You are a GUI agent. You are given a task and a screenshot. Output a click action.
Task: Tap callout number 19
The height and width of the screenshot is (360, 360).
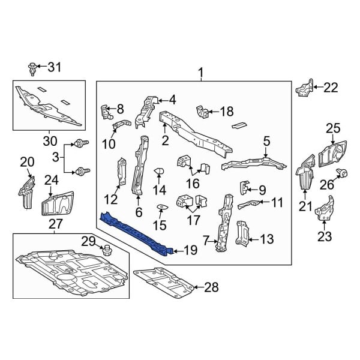190,251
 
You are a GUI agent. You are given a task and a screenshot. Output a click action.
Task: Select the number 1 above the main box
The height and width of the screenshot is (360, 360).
200,73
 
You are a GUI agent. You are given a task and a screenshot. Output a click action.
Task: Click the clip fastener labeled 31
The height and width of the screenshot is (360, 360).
32,68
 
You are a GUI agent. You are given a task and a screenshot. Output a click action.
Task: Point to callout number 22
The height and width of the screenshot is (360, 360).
331,88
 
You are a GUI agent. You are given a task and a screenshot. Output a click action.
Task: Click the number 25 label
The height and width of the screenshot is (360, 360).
333,127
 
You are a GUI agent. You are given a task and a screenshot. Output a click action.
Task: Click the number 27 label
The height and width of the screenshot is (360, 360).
55,224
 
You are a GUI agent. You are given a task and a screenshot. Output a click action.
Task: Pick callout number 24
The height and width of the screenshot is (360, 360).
51,179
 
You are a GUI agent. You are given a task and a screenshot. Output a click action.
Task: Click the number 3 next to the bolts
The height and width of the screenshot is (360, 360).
56,157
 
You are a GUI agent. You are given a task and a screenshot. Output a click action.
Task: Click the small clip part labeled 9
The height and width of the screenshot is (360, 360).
245,187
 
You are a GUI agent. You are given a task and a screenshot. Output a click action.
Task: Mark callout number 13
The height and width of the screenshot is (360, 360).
266,239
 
